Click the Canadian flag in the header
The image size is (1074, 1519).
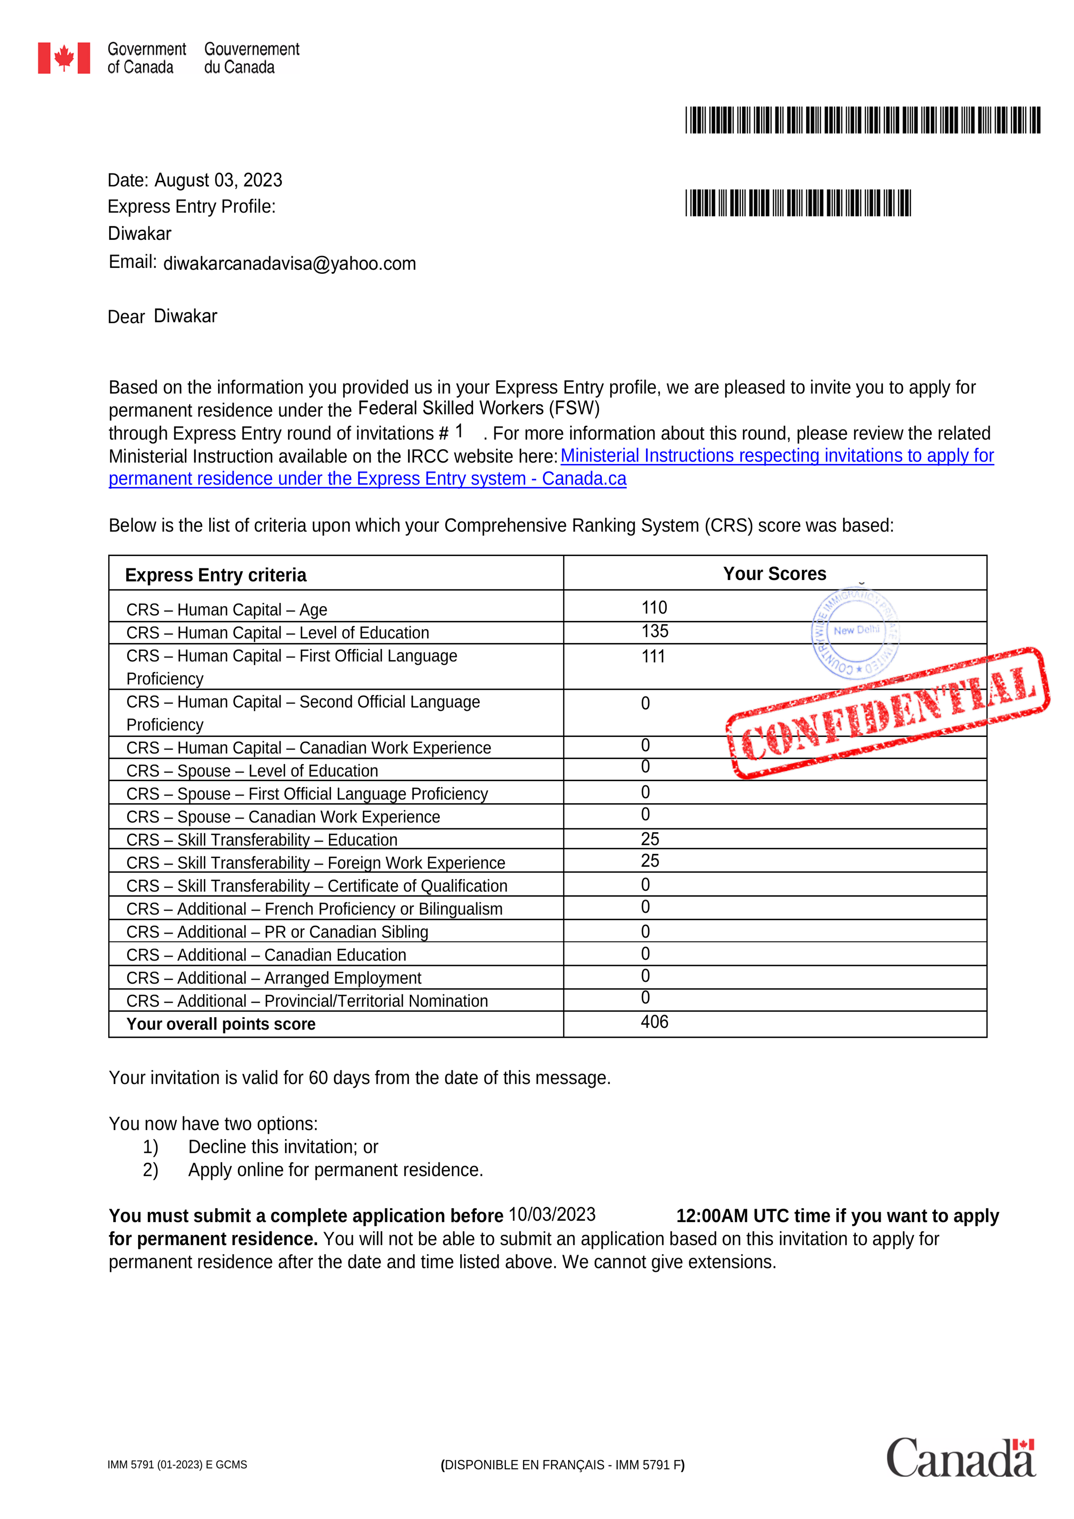coord(64,58)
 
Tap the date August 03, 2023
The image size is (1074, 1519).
coord(218,180)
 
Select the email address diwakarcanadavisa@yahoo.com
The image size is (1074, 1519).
coord(289,263)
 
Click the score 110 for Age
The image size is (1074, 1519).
coord(654,607)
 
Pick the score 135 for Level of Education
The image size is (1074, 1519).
coord(655,631)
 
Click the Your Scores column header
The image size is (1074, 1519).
coord(775,573)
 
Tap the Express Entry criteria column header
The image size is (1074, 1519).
coord(215,575)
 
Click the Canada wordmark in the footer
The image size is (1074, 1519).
coord(960,1458)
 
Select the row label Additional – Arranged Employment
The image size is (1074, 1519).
coord(274,978)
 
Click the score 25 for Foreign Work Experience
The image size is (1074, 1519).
coord(650,861)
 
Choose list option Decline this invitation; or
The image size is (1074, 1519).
coord(283,1146)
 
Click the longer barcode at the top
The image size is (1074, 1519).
coord(862,120)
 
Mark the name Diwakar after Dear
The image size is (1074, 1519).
coord(185,316)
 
